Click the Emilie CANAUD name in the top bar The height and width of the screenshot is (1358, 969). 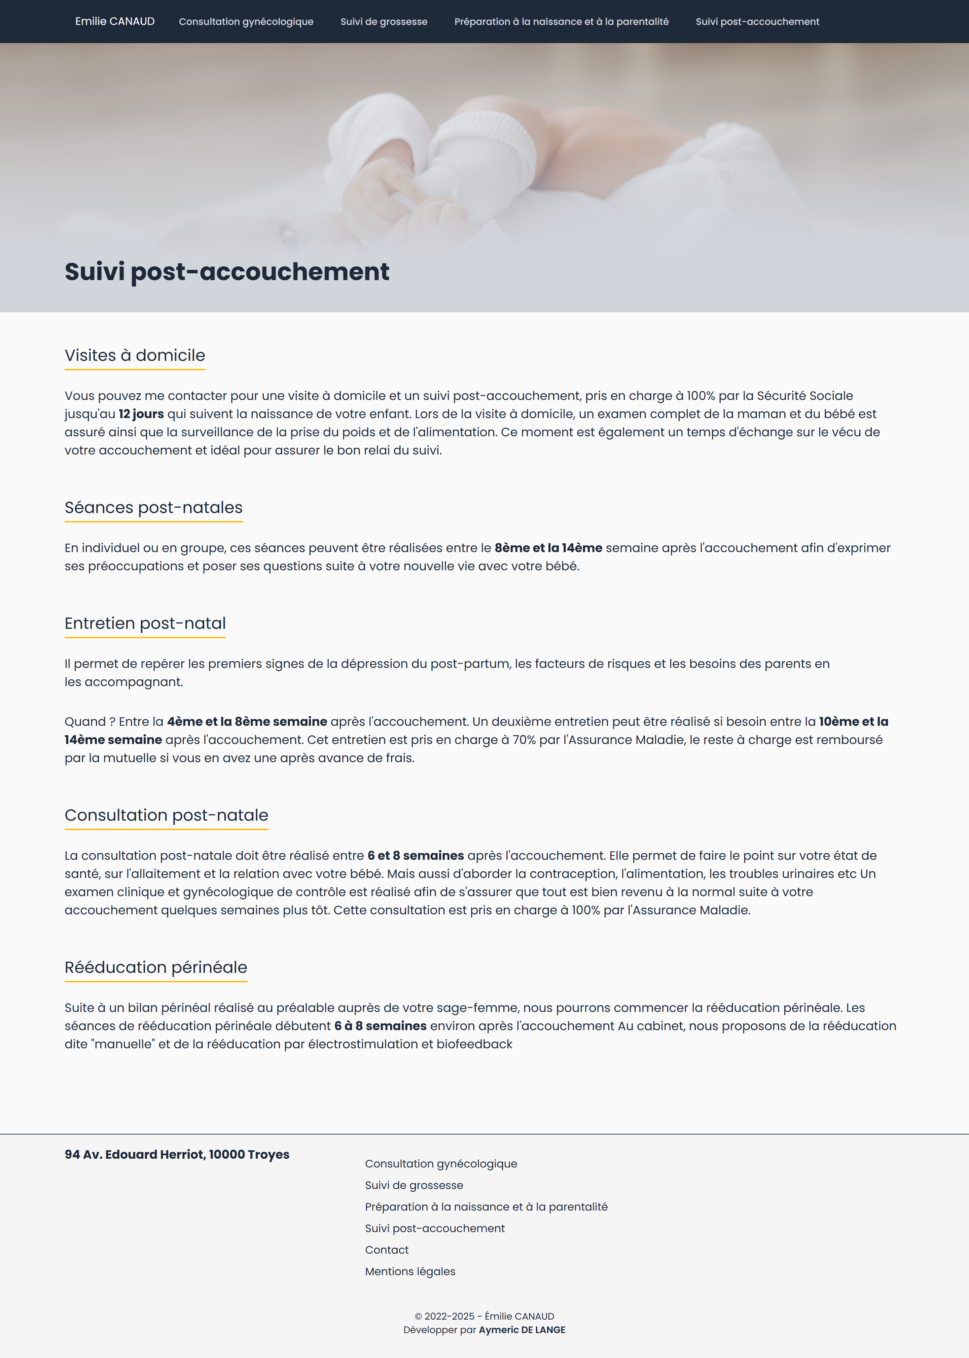pyautogui.click(x=114, y=22)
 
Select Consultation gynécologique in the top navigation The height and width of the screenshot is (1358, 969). pyautogui.click(x=246, y=22)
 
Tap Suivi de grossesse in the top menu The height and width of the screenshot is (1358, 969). pyautogui.click(x=384, y=22)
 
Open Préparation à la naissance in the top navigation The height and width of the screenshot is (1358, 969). pyautogui.click(x=561, y=22)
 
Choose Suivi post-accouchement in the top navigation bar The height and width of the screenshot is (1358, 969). pyautogui.click(x=757, y=22)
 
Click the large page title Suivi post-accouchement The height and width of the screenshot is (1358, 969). pyautogui.click(x=227, y=272)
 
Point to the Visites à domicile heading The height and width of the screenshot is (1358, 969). pyautogui.click(x=135, y=355)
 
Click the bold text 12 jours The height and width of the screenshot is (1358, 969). pyautogui.click(x=141, y=414)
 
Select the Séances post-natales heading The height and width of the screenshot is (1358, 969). pyautogui.click(x=153, y=507)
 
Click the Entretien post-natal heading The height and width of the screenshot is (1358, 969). pyautogui.click(x=145, y=623)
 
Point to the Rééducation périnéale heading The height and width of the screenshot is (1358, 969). pyautogui.click(x=156, y=967)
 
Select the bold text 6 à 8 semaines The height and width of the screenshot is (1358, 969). pyautogui.click(x=380, y=1025)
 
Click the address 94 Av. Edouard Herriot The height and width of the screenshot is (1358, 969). pyautogui.click(x=177, y=1154)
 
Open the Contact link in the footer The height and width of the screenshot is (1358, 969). pyautogui.click(x=387, y=1249)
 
